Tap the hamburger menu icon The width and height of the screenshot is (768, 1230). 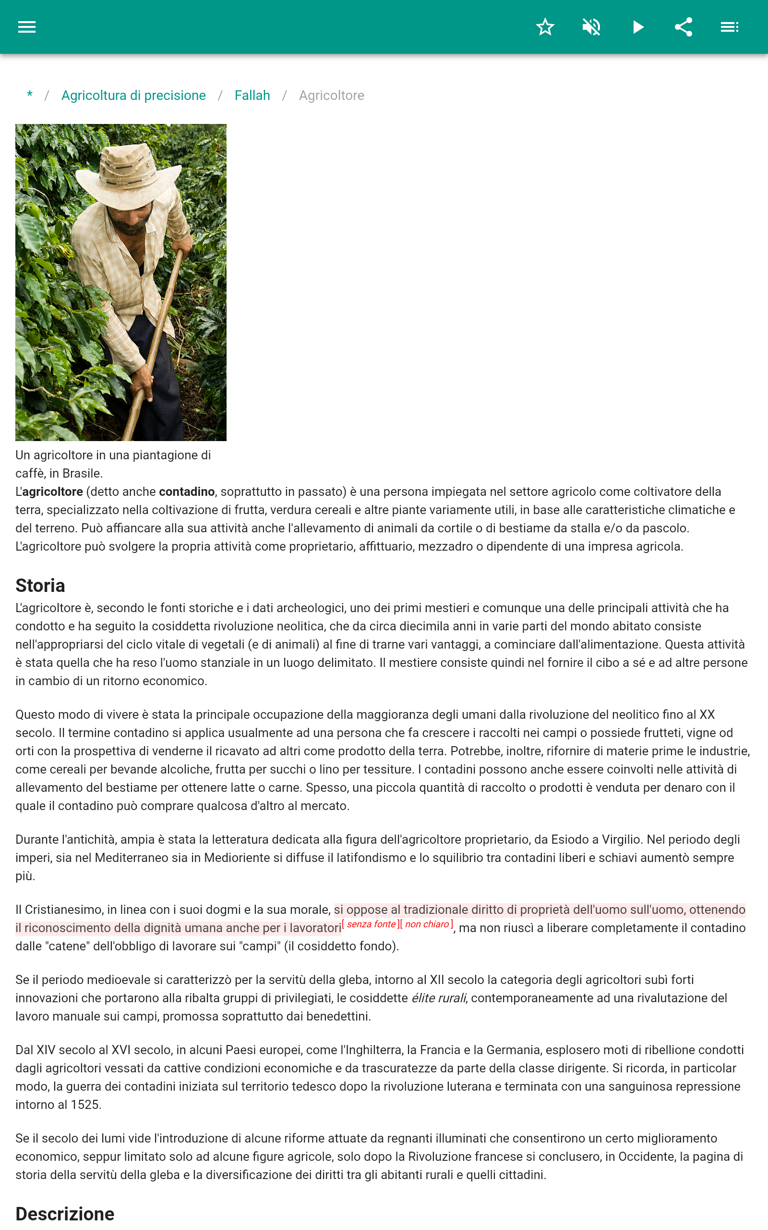click(x=27, y=27)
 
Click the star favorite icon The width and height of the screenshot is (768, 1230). click(x=545, y=27)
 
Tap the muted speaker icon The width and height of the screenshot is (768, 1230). click(x=591, y=27)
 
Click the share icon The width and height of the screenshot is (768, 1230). click(x=684, y=27)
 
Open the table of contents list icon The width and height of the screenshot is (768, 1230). click(x=730, y=27)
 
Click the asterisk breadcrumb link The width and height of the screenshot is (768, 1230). click(x=30, y=95)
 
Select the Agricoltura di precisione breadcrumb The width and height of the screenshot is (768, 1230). click(x=133, y=96)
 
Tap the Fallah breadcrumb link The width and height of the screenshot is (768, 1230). click(x=252, y=96)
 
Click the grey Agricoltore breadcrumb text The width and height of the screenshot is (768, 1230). click(x=331, y=96)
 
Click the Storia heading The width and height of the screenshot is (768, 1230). click(x=40, y=586)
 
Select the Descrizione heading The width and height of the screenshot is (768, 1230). click(x=65, y=1214)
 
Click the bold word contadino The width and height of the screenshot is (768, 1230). click(x=186, y=492)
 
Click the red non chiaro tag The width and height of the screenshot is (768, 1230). click(x=427, y=924)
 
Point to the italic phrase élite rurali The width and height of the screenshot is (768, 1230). click(x=438, y=998)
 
